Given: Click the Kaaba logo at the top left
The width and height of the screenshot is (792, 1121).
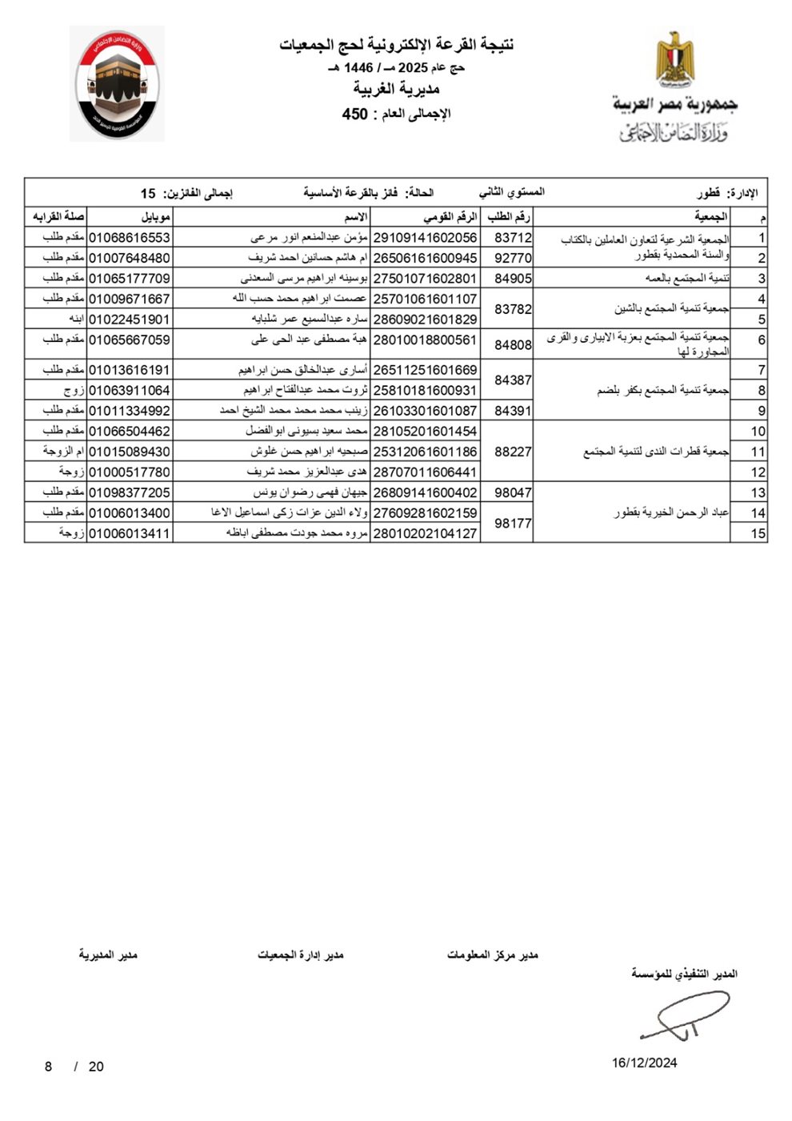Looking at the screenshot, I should click(x=117, y=83).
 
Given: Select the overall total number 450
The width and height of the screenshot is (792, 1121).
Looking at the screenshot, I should click(x=355, y=114).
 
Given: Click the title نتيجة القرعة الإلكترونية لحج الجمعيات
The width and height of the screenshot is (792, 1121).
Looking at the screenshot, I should click(x=396, y=45).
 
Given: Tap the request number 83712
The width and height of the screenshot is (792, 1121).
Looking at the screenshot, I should click(x=513, y=238).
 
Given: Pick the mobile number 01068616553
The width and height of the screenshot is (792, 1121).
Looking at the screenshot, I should click(x=130, y=238).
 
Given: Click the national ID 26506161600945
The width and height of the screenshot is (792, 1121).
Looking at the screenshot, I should click(x=426, y=258).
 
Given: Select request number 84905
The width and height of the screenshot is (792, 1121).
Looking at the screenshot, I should click(x=513, y=279).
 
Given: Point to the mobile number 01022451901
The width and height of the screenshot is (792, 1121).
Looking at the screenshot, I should click(x=130, y=319).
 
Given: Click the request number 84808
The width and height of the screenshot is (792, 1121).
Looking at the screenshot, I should click(x=513, y=345).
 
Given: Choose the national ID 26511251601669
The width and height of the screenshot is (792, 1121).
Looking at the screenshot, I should click(x=426, y=370).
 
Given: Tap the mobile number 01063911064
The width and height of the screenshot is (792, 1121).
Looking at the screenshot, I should click(x=130, y=390).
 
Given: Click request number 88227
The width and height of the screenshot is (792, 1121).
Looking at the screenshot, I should click(x=513, y=452).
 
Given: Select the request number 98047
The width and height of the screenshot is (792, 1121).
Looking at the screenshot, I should click(x=513, y=492).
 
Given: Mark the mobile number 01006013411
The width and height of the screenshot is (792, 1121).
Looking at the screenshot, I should click(x=130, y=533).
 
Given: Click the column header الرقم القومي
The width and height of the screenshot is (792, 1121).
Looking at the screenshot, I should click(x=450, y=217).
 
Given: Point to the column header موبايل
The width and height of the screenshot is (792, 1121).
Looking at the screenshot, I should click(x=155, y=217).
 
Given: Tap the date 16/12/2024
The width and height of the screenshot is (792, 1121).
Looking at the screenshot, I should click(x=645, y=1063).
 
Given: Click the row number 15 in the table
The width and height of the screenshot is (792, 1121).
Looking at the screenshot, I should click(x=758, y=533).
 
